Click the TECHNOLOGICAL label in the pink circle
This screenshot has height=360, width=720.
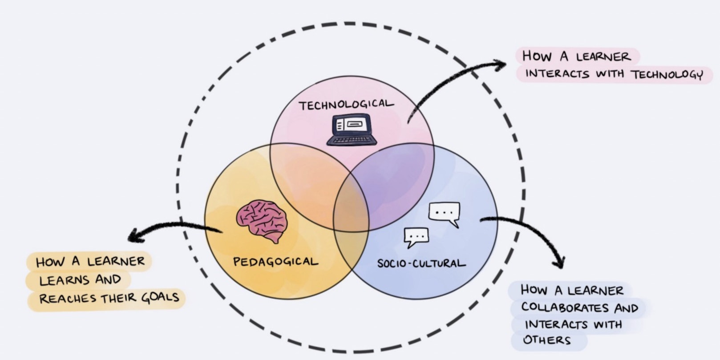[x=346, y=105]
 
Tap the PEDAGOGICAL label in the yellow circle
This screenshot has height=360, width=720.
[x=275, y=262]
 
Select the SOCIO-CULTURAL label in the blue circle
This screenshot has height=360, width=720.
[x=421, y=263]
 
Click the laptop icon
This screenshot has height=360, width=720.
[x=352, y=129]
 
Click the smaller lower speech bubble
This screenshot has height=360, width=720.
[x=416, y=237]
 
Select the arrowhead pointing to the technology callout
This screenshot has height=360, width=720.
[x=501, y=65]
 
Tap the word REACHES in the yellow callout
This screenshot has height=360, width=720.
[x=68, y=299]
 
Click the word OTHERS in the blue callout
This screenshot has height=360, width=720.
[x=546, y=340]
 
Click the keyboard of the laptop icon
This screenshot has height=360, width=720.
[x=352, y=141]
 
